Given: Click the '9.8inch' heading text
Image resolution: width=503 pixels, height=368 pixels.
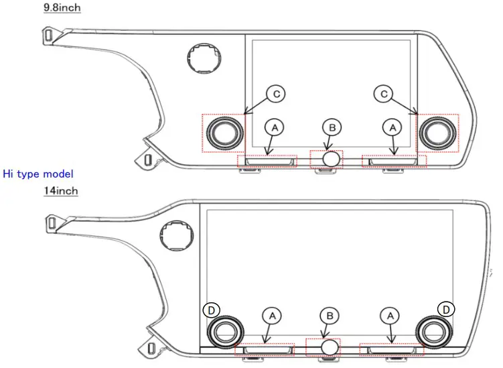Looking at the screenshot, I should point(62,7).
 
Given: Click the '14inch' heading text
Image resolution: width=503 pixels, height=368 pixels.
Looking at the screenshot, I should point(61,191).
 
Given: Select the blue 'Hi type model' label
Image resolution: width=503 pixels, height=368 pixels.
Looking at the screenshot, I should point(38,174).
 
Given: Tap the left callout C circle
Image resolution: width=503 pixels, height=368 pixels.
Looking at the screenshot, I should point(275,95).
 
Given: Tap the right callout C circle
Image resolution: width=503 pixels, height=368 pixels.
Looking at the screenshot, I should point(384,95).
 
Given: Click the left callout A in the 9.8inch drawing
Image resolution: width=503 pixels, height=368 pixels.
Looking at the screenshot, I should point(273,126).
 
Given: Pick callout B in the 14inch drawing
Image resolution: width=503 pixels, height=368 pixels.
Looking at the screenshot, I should point(329,314).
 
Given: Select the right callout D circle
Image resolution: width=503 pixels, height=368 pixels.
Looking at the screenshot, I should point(447,308).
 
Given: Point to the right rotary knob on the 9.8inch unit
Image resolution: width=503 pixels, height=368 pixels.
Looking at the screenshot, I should point(437,132).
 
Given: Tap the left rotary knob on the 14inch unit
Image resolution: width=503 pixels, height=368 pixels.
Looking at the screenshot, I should point(224,330).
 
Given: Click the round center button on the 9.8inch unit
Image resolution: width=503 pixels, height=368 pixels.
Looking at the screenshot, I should point(331,160).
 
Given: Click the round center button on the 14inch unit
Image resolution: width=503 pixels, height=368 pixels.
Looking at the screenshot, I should point(329,347).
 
